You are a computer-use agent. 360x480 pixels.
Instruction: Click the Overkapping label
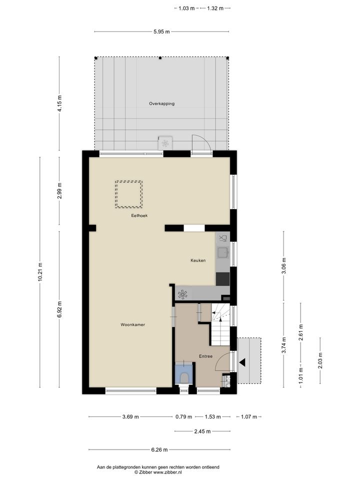point(161,103)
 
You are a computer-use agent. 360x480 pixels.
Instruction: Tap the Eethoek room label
point(139,215)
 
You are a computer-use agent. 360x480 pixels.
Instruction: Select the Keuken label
point(198,260)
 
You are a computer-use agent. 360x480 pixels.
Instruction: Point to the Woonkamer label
point(132,324)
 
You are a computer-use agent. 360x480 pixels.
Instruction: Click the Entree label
point(205,356)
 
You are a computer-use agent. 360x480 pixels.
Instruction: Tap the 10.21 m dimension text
point(40,272)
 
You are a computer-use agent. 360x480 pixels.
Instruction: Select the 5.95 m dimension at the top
point(161,31)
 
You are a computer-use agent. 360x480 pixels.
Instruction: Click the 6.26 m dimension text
point(159,449)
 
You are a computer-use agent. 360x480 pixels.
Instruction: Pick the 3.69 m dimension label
point(130,416)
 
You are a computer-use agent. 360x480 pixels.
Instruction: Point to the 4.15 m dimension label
point(59,103)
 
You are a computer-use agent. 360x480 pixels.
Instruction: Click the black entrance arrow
point(242,362)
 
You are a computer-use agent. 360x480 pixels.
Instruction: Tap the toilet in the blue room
point(184,377)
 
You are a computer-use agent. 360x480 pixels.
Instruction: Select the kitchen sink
point(222,252)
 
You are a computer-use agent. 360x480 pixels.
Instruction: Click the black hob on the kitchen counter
point(222,279)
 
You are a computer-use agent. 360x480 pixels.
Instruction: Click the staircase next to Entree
point(220,324)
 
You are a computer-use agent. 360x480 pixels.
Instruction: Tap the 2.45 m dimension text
point(202,431)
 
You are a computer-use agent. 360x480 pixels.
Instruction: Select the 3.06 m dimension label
point(283,265)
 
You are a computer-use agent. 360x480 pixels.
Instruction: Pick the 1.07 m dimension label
point(249,416)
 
